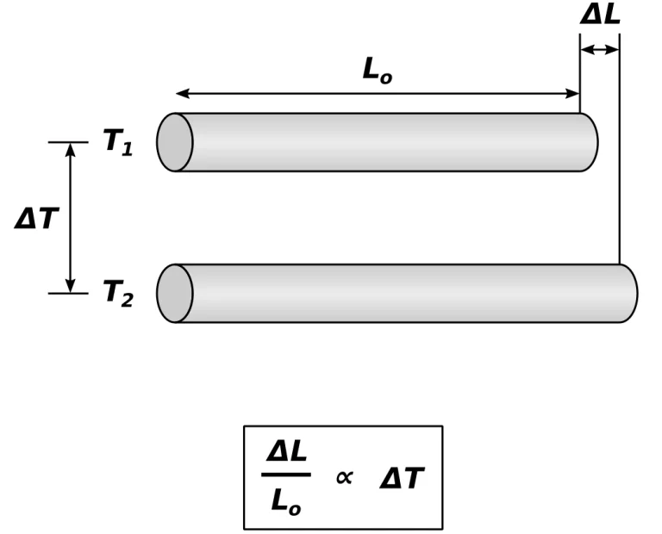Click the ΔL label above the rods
pos(600,14)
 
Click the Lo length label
pos(377,71)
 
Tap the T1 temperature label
pos(118,141)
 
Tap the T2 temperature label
pos(118,293)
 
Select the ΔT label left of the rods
pos(35,219)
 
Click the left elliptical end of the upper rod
pos(175,142)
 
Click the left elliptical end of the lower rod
pos(175,294)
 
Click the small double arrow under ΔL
pos(600,49)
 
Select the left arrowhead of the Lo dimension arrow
pos(182,93)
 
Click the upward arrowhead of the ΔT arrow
pos(71,149)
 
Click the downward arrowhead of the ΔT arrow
pos(71,286)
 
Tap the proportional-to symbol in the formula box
pos(344,478)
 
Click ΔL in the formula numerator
pos(287,450)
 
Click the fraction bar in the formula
pos(285,475)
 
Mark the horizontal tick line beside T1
pos(68,142)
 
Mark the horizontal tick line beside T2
pos(68,294)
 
